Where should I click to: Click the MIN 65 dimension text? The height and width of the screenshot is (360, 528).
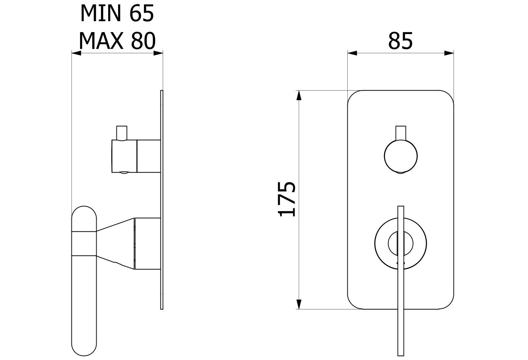click(117, 13)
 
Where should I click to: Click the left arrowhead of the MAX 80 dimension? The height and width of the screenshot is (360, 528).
click(76, 53)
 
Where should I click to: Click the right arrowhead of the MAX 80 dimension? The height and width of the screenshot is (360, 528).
click(158, 53)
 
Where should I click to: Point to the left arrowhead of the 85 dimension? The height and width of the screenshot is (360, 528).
click(352, 53)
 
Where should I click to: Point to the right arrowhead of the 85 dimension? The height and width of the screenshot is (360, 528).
click(449, 53)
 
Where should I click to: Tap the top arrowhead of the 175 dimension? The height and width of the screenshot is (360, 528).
click(299, 95)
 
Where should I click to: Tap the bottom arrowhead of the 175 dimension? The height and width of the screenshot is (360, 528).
click(299, 304)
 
